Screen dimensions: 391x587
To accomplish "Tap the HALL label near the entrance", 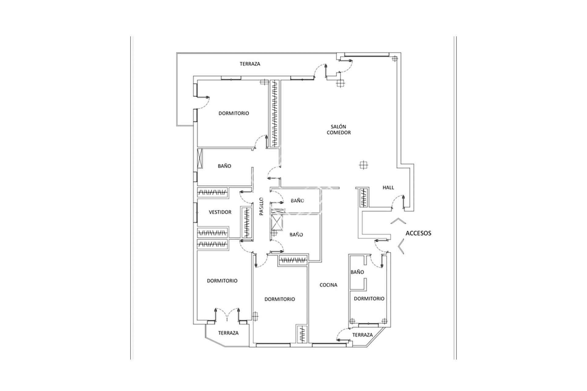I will coord(388,188).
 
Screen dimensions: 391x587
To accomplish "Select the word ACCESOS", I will coord(418,233).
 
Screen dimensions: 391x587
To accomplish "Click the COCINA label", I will coord(328,285).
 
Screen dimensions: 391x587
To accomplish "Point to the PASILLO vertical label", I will coord(261,207).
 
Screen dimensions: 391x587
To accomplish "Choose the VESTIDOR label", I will coord(220,212).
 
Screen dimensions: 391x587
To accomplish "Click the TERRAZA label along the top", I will coord(250,64).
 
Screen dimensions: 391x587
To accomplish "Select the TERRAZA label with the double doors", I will coord(228,333).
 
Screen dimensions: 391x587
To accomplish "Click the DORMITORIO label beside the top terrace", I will coord(234,113).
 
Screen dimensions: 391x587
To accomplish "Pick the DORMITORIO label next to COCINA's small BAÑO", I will coord(369,299).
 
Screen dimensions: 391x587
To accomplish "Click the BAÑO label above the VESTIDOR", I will coord(224,166).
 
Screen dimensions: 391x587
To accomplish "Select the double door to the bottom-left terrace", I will coord(227,318).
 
